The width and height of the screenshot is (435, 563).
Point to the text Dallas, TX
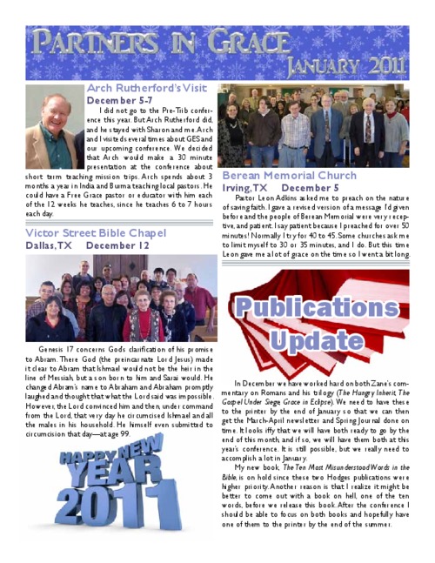point(49,246)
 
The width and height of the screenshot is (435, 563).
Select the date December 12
point(117,246)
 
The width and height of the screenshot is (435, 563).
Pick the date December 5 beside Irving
point(311,187)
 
